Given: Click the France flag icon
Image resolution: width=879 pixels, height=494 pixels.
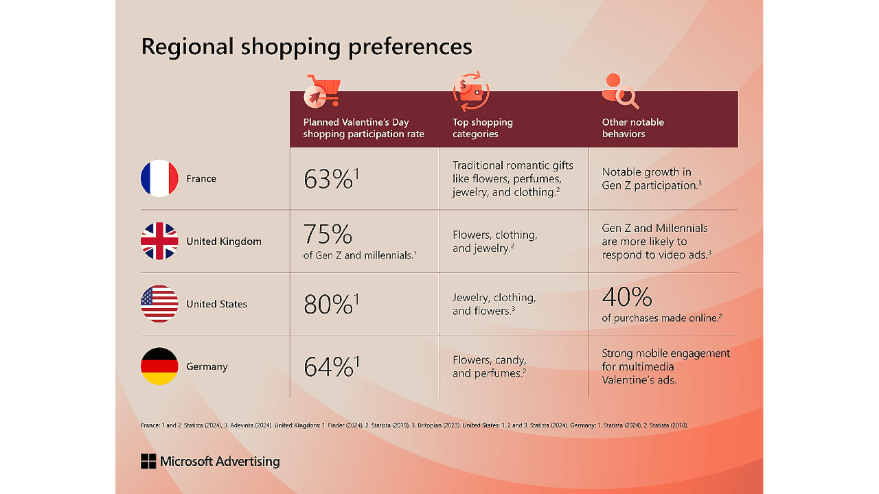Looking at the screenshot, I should pyautogui.click(x=159, y=178).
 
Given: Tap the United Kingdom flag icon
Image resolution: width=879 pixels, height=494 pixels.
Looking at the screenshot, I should pyautogui.click(x=159, y=242).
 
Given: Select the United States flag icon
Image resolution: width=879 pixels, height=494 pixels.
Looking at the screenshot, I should pyautogui.click(x=159, y=304).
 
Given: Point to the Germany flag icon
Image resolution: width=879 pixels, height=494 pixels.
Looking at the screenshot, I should pyautogui.click(x=159, y=366).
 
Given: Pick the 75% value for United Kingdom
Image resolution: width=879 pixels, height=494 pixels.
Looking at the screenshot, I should pyautogui.click(x=328, y=235).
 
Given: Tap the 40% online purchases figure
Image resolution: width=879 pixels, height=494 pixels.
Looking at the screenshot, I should pyautogui.click(x=627, y=297).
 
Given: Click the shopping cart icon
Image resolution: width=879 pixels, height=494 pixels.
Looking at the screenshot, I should pyautogui.click(x=322, y=92).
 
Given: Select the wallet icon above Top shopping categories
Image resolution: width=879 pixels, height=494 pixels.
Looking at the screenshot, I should pyautogui.click(x=471, y=93).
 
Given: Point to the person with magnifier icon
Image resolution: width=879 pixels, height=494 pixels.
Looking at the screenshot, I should pyautogui.click(x=619, y=91).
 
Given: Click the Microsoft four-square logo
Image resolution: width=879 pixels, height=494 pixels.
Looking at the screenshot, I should pyautogui.click(x=148, y=461).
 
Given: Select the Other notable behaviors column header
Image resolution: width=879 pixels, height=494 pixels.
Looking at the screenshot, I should pyautogui.click(x=632, y=128).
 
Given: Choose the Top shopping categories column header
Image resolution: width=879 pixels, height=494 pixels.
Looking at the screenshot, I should pyautogui.click(x=482, y=128).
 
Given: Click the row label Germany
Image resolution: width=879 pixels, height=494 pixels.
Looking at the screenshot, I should pyautogui.click(x=207, y=366).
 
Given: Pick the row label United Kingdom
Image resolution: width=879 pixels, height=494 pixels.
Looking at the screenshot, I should pyautogui.click(x=223, y=242).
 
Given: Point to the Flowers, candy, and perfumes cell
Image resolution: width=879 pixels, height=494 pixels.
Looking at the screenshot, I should pyautogui.click(x=490, y=366).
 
